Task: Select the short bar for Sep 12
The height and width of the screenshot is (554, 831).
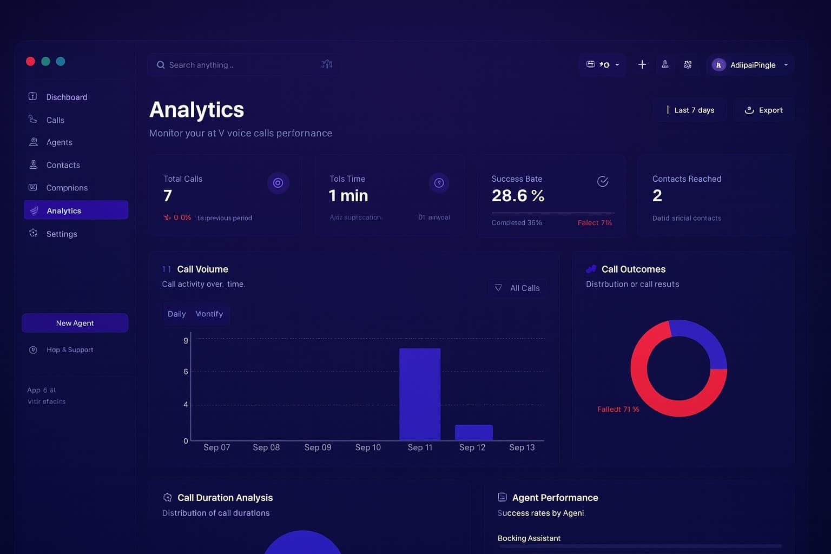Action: pos(473,432)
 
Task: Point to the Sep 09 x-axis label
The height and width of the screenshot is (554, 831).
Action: pos(318,447)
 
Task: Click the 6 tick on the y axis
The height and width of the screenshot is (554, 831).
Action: pos(186,372)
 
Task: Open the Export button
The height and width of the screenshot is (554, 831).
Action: pos(763,110)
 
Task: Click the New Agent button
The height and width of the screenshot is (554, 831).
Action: pos(75,323)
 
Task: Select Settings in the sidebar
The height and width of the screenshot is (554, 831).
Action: pos(62,234)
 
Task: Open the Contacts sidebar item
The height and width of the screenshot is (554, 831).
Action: pos(63,165)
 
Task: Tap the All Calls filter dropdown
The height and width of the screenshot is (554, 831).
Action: pos(517,288)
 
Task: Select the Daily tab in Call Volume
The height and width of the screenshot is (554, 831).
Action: pos(176,314)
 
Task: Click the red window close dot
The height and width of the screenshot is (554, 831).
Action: pos(30,61)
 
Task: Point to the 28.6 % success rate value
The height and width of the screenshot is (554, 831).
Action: pos(518,195)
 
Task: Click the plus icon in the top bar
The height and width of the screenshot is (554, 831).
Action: pos(642,65)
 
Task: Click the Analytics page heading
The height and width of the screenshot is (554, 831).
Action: pos(196,110)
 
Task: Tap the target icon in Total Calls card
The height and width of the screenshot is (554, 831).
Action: pos(278,183)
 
